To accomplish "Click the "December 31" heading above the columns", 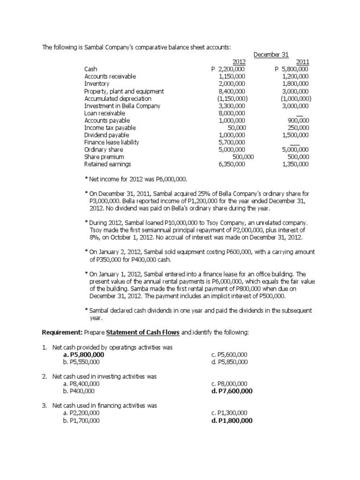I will click(x=271, y=55).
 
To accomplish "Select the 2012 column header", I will click(x=239, y=62).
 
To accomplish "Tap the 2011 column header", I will click(x=302, y=62).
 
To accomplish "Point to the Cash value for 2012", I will click(x=228, y=69).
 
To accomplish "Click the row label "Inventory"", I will click(x=97, y=84).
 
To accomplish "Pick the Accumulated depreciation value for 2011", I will click(x=296, y=98).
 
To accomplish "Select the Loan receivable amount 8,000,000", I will click(x=232, y=113).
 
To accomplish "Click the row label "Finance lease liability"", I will click(x=112, y=142).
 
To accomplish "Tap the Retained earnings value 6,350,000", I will click(x=232, y=164).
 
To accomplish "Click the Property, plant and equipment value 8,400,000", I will click(x=232, y=91).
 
